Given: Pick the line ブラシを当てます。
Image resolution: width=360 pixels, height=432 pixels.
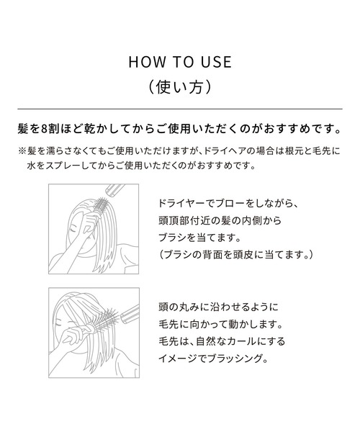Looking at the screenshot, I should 199,238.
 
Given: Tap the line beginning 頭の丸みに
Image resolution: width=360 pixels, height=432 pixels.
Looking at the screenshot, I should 216,305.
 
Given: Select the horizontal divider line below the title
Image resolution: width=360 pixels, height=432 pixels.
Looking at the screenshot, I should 179,108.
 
